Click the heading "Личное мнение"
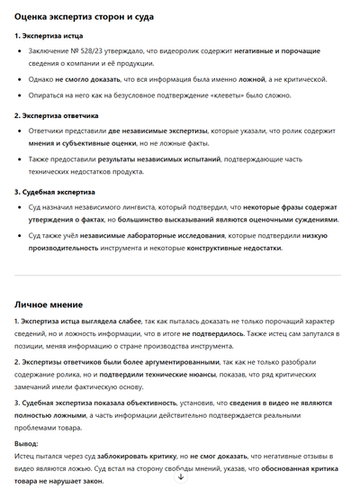click(x=57, y=304)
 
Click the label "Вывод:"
click(x=26, y=443)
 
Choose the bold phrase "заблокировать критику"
click(x=136, y=458)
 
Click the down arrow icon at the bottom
click(x=180, y=476)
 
